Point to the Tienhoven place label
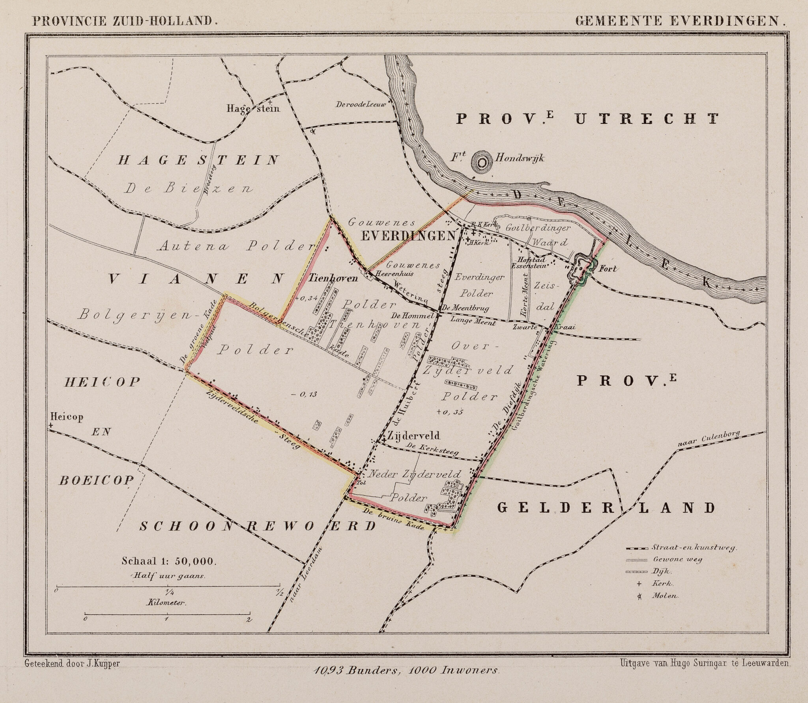[333, 279]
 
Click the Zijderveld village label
[413, 436]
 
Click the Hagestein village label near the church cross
[252, 108]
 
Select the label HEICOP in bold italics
[102, 382]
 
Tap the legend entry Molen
[665, 607]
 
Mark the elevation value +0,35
[449, 412]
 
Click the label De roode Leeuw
[363, 105]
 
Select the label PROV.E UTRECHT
[587, 118]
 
